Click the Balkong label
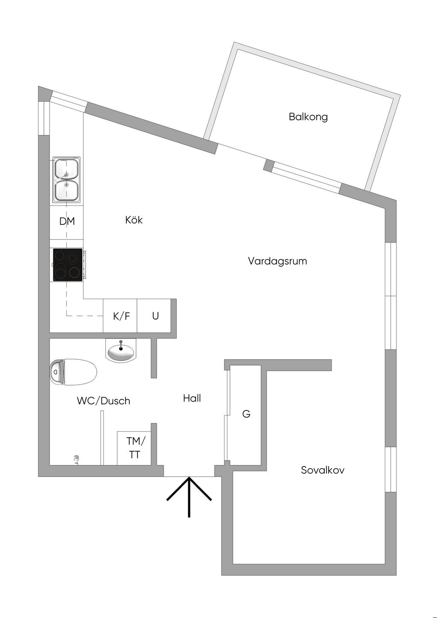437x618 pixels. tap(308, 116)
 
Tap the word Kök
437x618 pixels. tap(134, 220)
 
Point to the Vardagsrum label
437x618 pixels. tap(277, 261)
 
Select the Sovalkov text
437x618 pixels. tap(322, 470)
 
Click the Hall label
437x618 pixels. tap(192, 398)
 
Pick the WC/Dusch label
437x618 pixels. tap(103, 401)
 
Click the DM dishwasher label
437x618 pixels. tap(67, 221)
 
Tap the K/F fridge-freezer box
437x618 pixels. tap(121, 316)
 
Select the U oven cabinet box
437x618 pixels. tap(155, 316)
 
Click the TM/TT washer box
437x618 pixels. tap(134, 448)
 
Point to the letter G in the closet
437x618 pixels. tap(246, 414)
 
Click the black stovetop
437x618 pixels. tap(67, 265)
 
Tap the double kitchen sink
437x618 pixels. tap(67, 180)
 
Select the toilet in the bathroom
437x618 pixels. tap(73, 372)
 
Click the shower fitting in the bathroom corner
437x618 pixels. tap(76, 459)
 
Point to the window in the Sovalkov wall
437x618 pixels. tap(390, 469)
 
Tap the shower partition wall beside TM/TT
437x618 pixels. tap(102, 438)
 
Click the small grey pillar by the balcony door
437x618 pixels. tap(268, 165)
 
